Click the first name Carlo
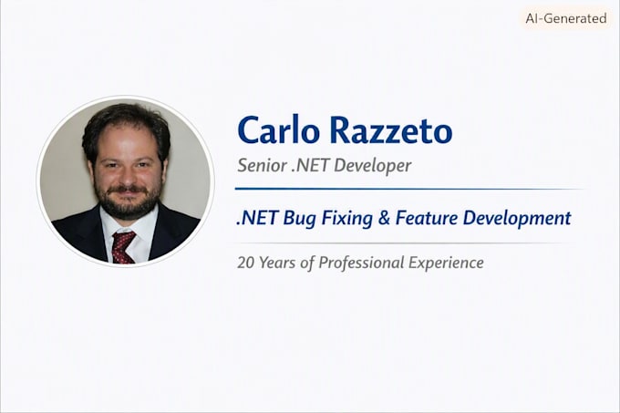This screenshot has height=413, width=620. point(278,129)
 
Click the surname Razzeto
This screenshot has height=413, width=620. point(391,129)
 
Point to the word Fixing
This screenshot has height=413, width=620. point(346,219)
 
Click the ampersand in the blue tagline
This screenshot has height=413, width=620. point(384,218)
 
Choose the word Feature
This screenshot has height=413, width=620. point(427,218)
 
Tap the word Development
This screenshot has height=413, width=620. point(517,219)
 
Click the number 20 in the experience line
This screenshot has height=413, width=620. point(245,263)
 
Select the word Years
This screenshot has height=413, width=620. point(277,263)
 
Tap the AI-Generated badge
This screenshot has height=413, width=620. point(566,18)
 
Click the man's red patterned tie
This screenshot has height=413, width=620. point(122,247)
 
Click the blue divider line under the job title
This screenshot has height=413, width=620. point(409,189)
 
